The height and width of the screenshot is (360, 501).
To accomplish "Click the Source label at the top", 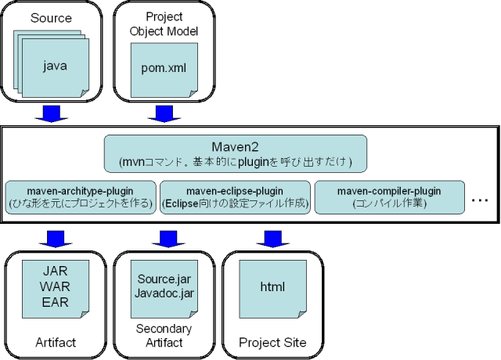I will (52, 16).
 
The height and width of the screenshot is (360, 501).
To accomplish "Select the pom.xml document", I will (164, 69).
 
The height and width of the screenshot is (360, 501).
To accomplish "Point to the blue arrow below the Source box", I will (52, 114).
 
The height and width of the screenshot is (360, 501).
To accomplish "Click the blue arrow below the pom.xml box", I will (164, 114).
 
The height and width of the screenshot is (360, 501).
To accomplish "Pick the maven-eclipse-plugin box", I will (235, 197).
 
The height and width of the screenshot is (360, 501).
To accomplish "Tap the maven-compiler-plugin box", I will (389, 197).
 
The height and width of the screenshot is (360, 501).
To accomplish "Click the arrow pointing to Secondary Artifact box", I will (164, 237).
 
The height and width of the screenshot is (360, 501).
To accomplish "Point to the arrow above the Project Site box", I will (272, 237).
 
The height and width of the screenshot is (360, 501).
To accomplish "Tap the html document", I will (272, 287).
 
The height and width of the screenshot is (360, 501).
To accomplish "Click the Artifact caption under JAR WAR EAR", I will (55, 343).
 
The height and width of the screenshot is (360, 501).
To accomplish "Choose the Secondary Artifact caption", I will (164, 336).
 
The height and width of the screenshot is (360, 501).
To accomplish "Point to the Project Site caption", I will (272, 343).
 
